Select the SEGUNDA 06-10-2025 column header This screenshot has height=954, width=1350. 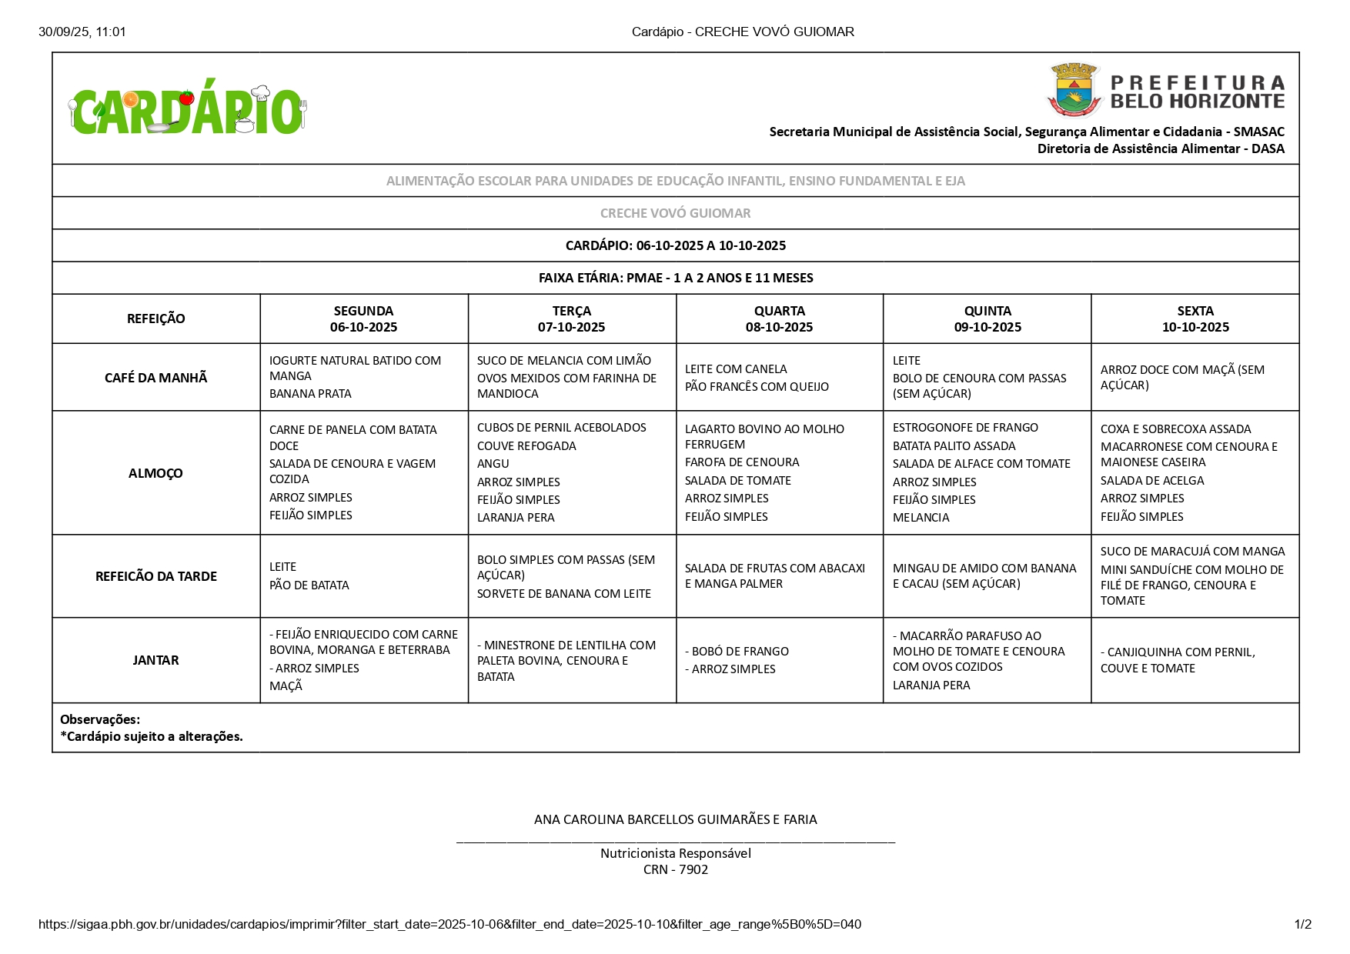point(363,319)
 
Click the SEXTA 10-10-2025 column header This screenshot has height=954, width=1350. point(1195,319)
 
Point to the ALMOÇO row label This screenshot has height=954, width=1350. point(155,473)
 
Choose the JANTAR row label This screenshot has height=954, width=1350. point(155,660)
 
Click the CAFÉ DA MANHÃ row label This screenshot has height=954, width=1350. point(155,378)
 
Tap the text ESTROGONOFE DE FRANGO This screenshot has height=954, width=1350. point(965,428)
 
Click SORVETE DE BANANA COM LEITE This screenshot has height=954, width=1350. point(563,594)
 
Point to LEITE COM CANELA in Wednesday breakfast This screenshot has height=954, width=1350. point(736,369)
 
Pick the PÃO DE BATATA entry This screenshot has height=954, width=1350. point(309,585)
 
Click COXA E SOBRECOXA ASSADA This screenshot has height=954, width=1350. point(1175,429)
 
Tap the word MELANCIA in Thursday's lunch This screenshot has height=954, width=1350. point(921,518)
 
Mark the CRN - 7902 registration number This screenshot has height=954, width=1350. point(675,870)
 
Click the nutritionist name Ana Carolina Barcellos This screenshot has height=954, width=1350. point(675,820)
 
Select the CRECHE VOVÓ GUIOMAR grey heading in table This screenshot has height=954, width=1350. point(675,213)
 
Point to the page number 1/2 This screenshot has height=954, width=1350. point(1302,925)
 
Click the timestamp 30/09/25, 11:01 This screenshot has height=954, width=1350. point(82,32)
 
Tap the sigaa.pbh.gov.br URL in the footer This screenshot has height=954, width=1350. point(449,925)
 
